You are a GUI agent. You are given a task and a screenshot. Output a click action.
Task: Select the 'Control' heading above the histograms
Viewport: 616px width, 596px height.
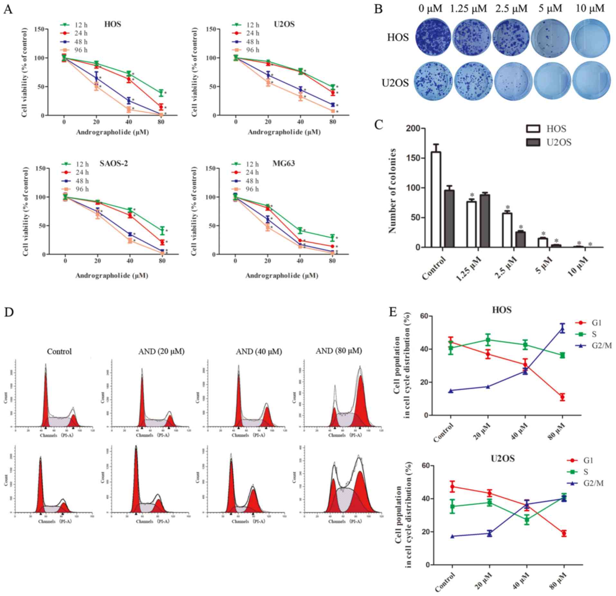(x=59, y=351)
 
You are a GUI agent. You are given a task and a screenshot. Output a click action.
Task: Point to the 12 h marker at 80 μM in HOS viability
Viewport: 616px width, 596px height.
(x=161, y=93)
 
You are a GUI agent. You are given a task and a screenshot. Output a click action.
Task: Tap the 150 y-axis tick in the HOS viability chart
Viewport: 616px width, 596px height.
(x=40, y=29)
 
